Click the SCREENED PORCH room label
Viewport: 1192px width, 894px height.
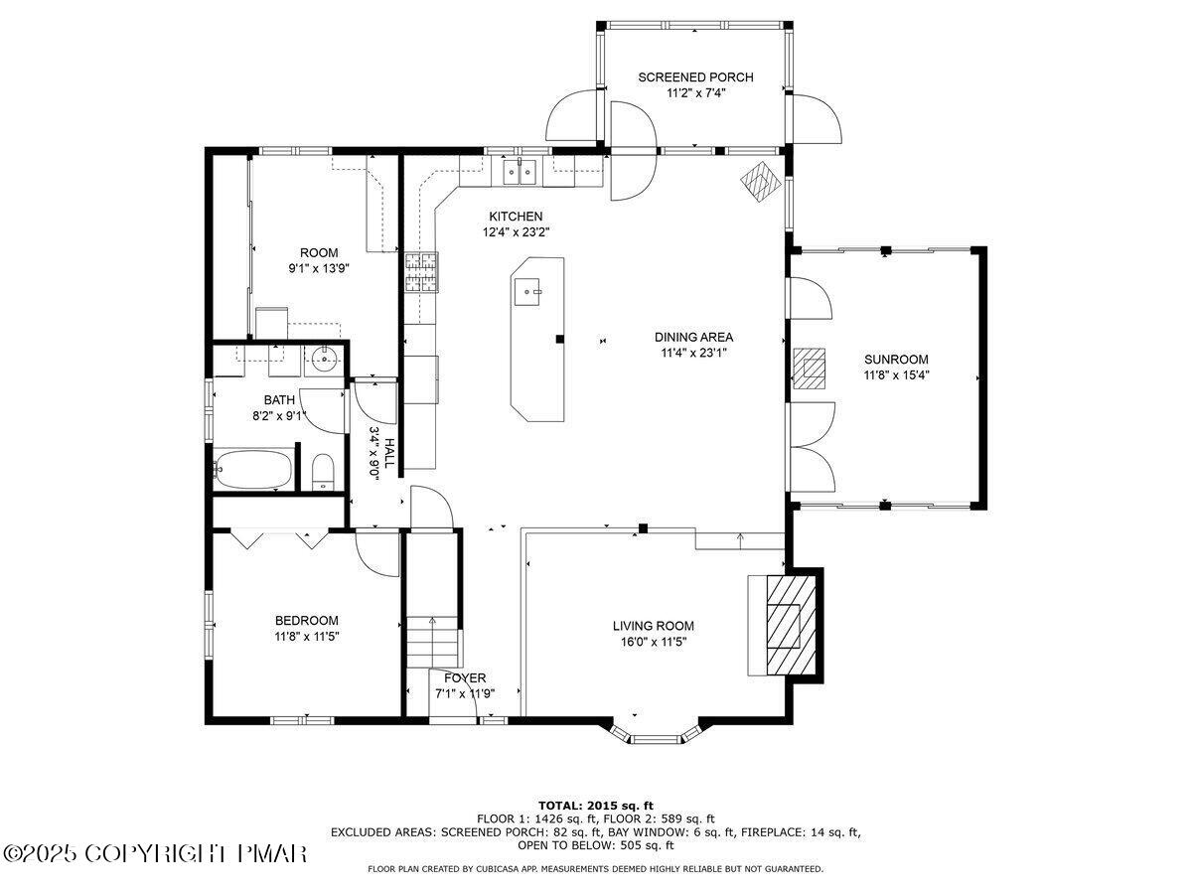[x=695, y=77]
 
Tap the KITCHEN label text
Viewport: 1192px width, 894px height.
[x=516, y=217]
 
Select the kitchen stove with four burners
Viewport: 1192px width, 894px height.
[x=419, y=272]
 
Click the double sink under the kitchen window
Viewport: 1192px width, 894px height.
[x=519, y=172]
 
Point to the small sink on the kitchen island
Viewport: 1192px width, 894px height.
[x=527, y=290]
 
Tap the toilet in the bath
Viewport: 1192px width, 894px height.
[x=323, y=471]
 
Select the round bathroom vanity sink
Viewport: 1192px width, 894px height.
[x=323, y=359]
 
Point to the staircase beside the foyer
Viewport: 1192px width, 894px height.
[x=433, y=641]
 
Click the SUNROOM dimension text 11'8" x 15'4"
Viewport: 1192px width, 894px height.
[x=896, y=375]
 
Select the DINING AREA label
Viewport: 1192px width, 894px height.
[x=693, y=337]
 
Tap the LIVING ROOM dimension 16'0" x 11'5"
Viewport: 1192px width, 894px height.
[x=653, y=642]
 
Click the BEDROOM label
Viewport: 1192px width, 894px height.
[x=306, y=620]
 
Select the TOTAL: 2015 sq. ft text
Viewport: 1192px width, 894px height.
[x=595, y=805]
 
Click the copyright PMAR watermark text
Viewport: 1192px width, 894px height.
[x=155, y=853]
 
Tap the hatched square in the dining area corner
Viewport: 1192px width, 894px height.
[x=762, y=181]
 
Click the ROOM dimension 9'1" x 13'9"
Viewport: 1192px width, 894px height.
[x=320, y=268]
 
